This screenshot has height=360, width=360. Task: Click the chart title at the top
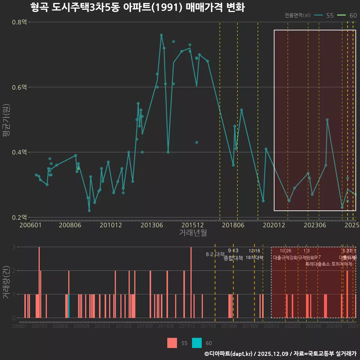pos(137,7)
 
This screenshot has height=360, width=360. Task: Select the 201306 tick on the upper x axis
pos(151,225)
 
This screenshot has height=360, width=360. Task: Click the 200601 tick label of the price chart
pos(30,225)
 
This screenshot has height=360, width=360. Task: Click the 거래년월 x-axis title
pos(193,233)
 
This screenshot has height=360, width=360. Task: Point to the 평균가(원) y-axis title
pos(6,120)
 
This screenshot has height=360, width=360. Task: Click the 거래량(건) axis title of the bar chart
pos(6,282)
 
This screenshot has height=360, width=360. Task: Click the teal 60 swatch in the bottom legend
pos(196,343)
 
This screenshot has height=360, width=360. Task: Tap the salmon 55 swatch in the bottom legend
pos(172,343)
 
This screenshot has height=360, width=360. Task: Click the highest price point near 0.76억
pos(161,35)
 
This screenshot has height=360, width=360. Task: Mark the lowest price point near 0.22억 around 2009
pos(89,211)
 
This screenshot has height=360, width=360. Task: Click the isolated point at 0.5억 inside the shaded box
pos(327,120)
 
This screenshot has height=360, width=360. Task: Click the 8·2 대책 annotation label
pos(215,254)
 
